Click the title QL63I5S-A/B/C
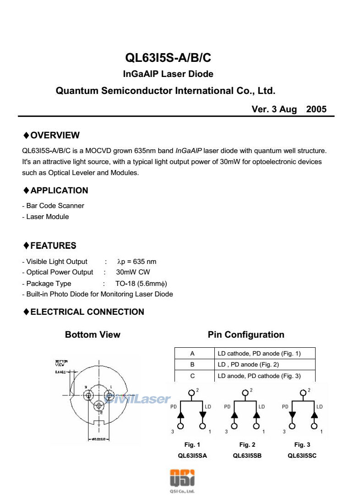168,58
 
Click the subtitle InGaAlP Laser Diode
168,74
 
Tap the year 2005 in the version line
316,110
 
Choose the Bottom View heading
93,335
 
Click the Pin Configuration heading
246,335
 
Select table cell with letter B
192,365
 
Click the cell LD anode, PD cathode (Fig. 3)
259,376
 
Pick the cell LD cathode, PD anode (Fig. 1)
259,353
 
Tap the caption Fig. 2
247,445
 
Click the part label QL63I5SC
302,455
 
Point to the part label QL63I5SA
192,455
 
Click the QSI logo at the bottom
182,479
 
